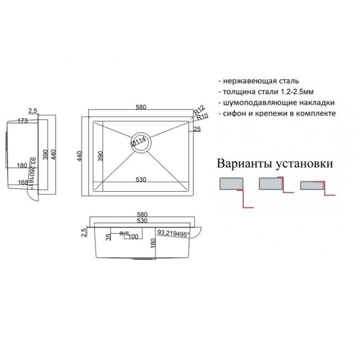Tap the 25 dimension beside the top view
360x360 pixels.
197,130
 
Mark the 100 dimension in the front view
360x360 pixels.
133,237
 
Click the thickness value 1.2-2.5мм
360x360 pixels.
296,92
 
